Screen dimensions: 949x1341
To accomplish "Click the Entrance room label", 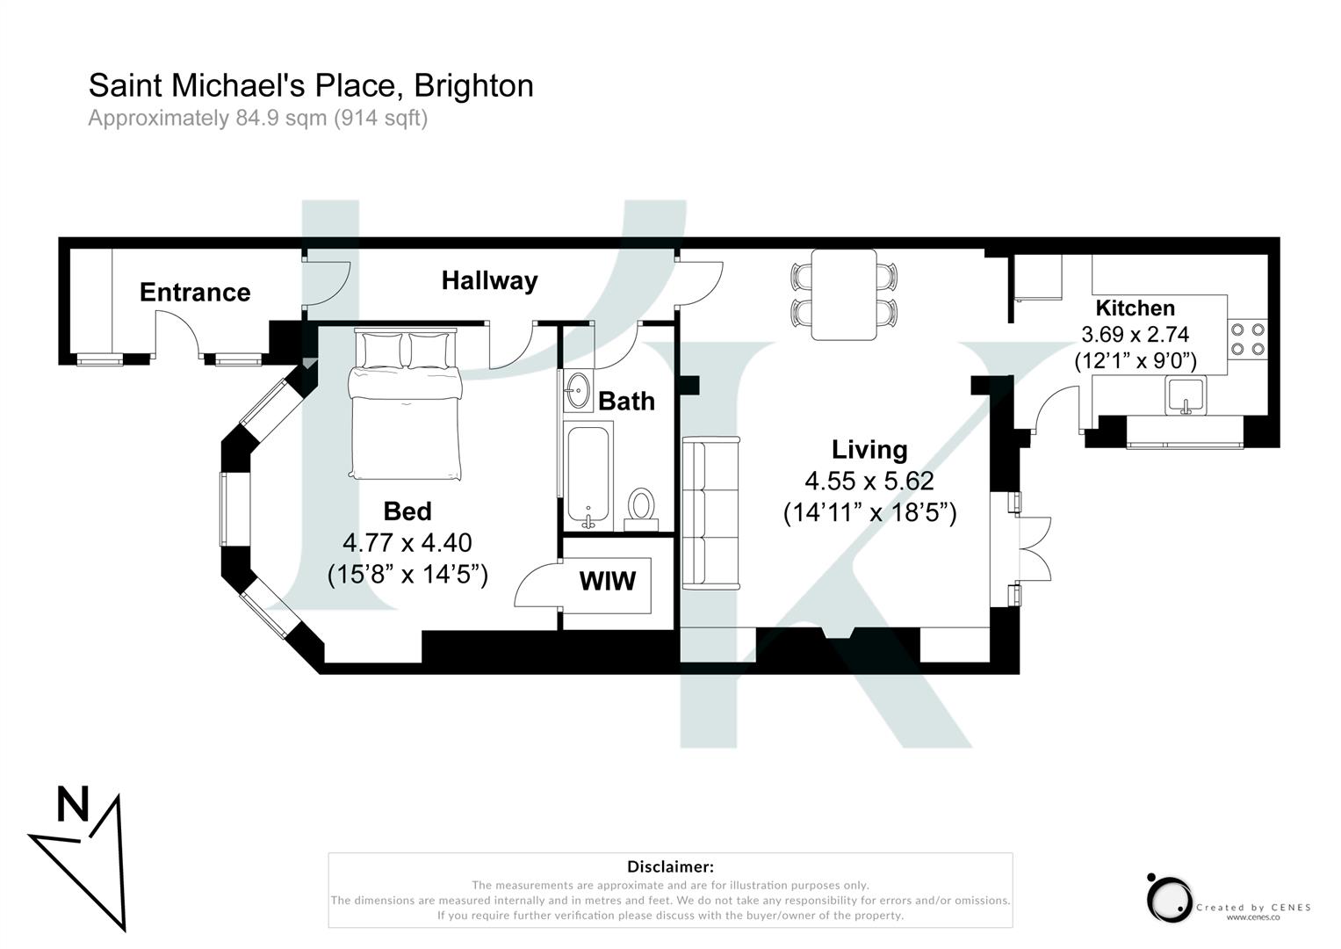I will tap(195, 292).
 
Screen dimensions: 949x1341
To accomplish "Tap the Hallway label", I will tap(489, 280).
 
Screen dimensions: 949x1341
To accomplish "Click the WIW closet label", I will tap(607, 581).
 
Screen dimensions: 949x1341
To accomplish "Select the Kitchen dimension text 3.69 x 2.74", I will tap(1135, 335).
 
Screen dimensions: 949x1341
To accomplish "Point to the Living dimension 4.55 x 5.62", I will tap(869, 482).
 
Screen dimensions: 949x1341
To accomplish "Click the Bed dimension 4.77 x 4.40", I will tap(407, 543).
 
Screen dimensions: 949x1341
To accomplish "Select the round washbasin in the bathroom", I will tap(578, 391).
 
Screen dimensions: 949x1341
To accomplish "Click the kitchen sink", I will tap(1186, 395).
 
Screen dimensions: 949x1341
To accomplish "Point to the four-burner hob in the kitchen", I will tap(1247, 339).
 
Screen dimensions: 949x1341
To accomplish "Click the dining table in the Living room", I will tap(843, 294).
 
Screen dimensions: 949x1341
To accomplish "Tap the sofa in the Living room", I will tap(711, 512).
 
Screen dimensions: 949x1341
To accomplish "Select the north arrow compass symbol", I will tap(83, 852).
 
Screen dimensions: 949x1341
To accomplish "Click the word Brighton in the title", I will tap(473, 86).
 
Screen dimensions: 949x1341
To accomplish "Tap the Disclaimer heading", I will tap(670, 866).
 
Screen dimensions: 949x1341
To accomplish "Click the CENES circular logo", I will tap(1169, 898).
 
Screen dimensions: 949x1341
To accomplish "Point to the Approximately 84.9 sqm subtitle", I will tap(257, 118).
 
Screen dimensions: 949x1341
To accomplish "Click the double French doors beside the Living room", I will tap(1032, 548).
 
